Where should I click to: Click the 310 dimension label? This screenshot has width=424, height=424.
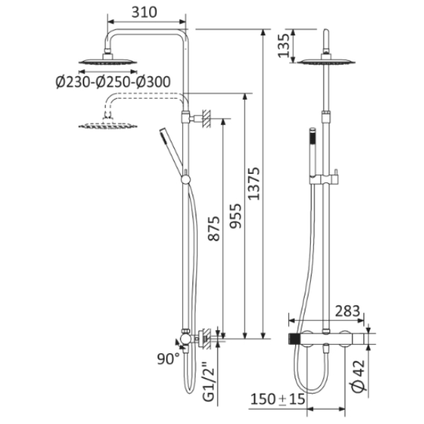point(144,13)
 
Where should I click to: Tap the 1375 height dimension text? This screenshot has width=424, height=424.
point(254,184)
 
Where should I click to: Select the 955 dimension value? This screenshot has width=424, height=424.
point(235,216)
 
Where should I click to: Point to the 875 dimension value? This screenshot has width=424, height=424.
point(213,228)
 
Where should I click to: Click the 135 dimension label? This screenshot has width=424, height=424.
point(284,45)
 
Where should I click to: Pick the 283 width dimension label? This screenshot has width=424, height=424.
point(348,311)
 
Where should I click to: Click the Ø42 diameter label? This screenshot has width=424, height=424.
point(360,375)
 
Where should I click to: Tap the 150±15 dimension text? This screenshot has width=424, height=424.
point(278,399)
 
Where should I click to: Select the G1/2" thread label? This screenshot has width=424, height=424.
point(208,381)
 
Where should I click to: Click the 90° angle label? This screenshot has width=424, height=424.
point(168,359)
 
